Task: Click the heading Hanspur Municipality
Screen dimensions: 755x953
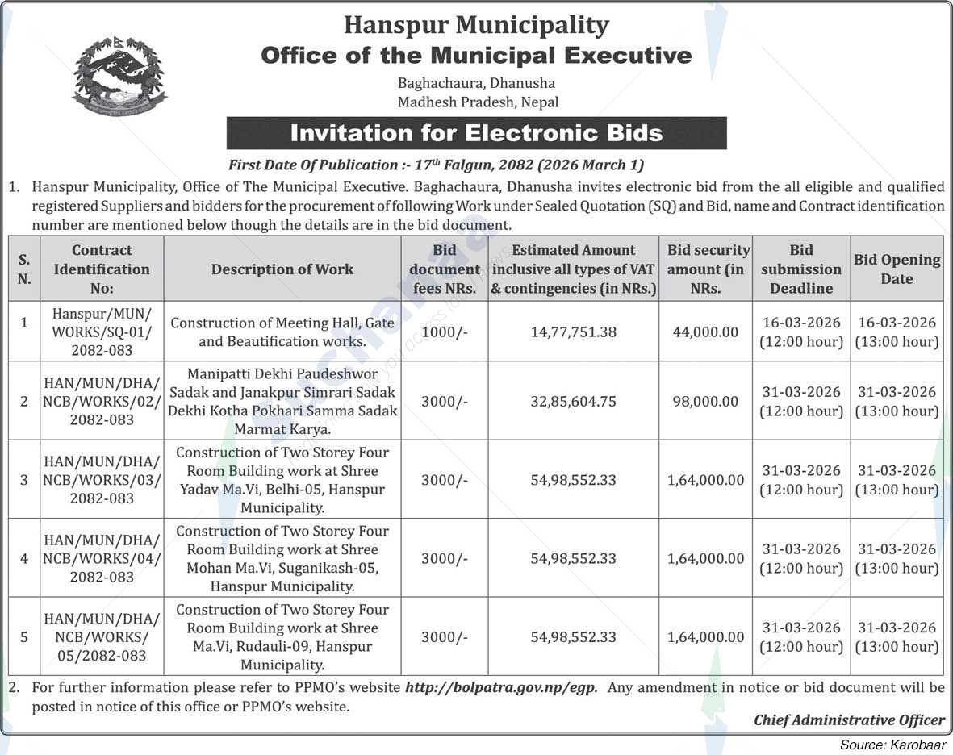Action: [476, 25]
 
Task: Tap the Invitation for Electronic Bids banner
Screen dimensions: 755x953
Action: [476, 133]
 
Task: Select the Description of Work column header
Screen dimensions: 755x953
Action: [282, 269]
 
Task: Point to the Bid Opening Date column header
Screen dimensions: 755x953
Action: [897, 269]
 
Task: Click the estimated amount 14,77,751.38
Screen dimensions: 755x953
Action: [573, 332]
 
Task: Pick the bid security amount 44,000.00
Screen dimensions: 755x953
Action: [705, 332]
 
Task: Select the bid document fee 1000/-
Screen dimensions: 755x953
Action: [444, 332]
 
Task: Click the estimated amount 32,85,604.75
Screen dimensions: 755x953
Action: [573, 401]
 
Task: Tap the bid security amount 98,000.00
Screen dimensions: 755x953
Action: [705, 401]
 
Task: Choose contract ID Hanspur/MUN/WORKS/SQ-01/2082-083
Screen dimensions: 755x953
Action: [102, 332]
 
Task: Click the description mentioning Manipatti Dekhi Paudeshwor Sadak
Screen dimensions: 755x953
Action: [282, 401]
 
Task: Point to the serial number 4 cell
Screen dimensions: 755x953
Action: [24, 558]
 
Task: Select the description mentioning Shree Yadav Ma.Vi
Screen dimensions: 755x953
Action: [282, 480]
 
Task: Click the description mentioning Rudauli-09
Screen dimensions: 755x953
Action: [282, 637]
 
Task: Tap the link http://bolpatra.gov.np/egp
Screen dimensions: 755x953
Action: [501, 688]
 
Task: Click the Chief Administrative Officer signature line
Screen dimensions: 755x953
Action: [849, 720]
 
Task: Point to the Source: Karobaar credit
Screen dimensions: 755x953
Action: [892, 745]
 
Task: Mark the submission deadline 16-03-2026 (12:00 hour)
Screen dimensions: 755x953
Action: [800, 332]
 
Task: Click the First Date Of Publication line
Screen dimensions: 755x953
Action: [436, 165]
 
